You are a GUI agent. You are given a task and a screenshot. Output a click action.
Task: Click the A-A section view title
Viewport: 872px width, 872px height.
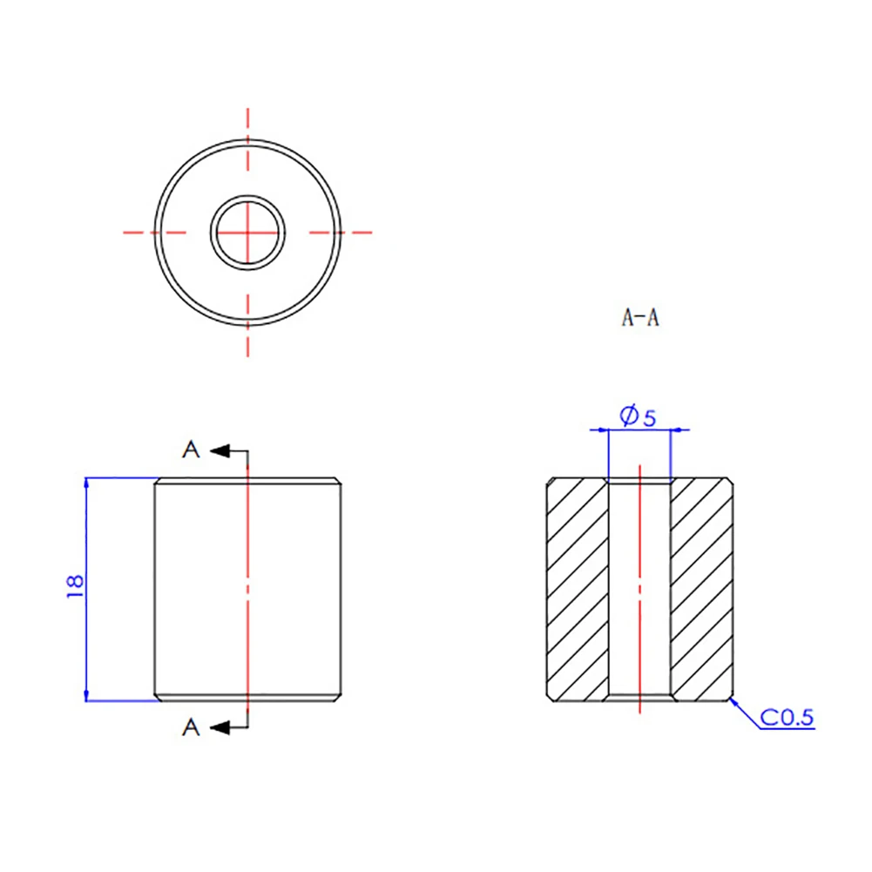(639, 319)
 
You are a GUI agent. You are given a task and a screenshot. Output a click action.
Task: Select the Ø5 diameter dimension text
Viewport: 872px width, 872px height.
(639, 417)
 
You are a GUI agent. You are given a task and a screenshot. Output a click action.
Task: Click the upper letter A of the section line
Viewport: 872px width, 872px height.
(191, 450)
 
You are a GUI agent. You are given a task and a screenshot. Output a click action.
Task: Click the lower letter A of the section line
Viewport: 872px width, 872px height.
(191, 727)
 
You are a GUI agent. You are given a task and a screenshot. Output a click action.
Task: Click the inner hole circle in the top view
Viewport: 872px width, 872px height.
(248, 233)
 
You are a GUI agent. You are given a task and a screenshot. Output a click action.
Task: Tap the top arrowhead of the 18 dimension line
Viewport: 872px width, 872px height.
(86, 483)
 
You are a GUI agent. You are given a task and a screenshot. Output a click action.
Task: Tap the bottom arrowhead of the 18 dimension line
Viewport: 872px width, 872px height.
(86, 694)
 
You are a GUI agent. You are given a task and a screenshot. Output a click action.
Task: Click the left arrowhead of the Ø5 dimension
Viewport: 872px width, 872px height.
(600, 429)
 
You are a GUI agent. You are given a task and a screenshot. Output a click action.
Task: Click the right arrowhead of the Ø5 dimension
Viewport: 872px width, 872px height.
(679, 429)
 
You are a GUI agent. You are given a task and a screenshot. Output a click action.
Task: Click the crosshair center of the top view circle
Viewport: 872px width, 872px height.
(248, 233)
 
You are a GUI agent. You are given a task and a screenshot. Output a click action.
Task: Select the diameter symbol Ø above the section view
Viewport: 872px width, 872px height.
(628, 417)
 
